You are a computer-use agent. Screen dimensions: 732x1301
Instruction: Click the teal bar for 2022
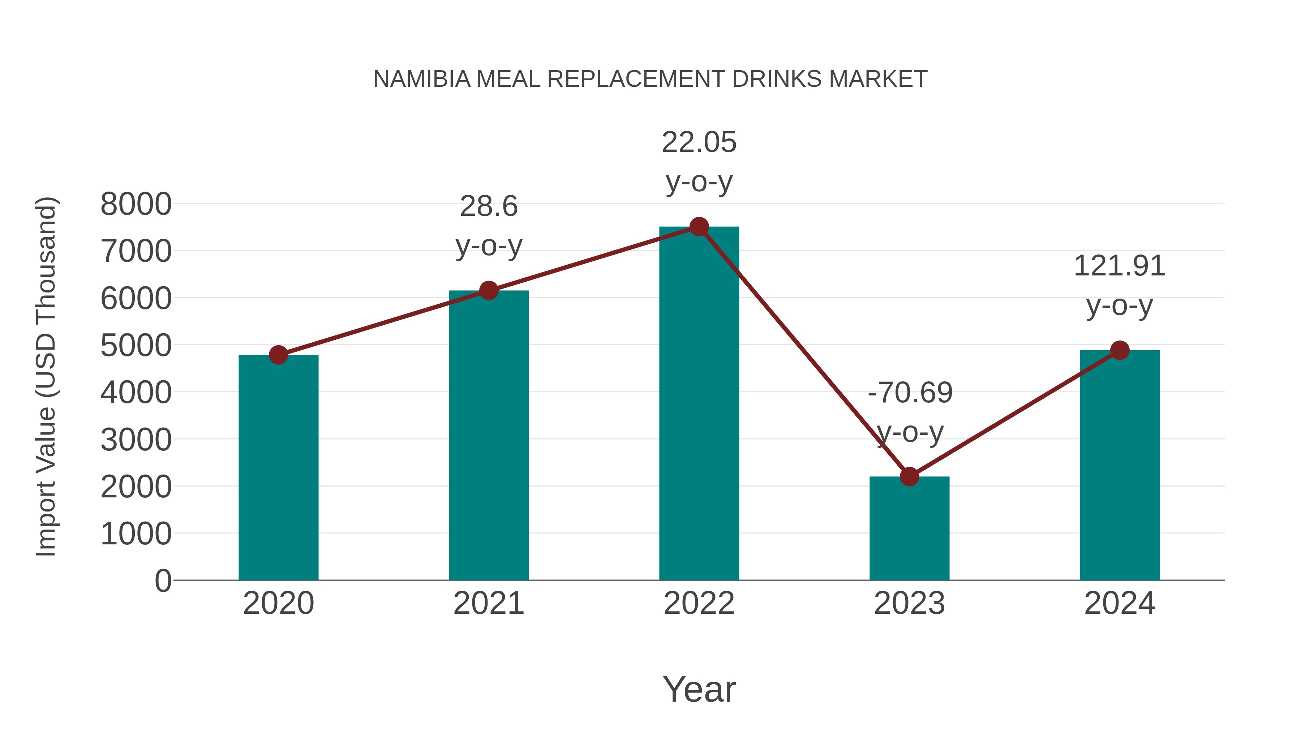coord(699,404)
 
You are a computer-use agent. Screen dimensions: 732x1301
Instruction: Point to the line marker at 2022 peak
coord(699,227)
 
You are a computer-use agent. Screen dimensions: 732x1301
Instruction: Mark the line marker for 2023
coord(909,476)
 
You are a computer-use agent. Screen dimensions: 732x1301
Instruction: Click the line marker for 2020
coord(278,355)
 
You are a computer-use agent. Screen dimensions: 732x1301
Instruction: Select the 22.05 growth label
coord(699,142)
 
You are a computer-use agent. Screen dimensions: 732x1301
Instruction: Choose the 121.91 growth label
coord(1120,266)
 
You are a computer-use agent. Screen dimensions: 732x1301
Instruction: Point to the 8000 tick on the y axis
coord(136,205)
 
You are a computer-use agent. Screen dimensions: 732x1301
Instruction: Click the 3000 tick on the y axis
coord(136,440)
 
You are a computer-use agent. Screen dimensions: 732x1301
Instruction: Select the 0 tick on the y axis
coord(163,581)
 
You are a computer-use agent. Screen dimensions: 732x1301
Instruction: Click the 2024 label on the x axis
coord(1120,603)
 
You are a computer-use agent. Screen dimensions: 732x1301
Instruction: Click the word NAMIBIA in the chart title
coord(421,79)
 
